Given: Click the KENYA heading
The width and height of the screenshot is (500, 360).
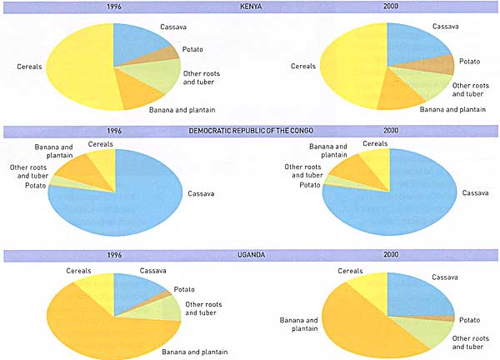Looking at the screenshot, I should click(250, 7).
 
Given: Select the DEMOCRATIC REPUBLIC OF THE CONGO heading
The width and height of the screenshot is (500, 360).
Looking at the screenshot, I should click(251, 131).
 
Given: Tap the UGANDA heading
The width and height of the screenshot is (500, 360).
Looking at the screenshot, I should click(249, 254).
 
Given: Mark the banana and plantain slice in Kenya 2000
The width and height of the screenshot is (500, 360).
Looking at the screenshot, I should click(400, 96).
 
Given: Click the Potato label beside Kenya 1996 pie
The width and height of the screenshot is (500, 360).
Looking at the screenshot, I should click(193, 49).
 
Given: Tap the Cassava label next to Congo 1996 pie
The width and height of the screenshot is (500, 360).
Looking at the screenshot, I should click(202, 194).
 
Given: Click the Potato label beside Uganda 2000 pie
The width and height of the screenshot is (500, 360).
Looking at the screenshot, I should click(469, 320).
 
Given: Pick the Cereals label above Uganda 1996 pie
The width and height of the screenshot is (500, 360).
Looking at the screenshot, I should click(80, 269).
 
